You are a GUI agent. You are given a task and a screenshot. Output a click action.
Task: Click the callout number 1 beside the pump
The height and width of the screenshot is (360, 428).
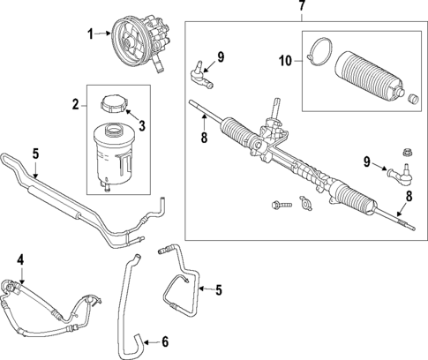pos(89,34)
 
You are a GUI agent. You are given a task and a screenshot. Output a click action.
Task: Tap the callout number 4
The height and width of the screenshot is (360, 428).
pos(21,260)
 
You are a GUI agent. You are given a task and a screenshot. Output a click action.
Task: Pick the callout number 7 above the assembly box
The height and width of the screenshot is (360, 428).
pos(303,7)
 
